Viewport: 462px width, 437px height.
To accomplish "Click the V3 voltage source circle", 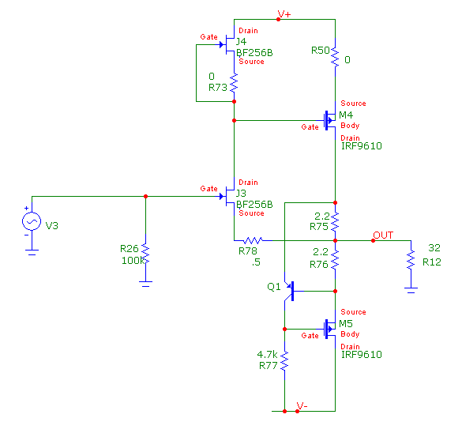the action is [x=32, y=221].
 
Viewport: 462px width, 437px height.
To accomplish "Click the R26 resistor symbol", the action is [x=145, y=254].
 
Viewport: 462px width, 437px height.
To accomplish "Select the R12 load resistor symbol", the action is [x=411, y=260].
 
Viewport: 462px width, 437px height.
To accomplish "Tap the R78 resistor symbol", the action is [x=254, y=240].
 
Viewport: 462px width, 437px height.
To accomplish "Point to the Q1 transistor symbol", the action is [x=290, y=291].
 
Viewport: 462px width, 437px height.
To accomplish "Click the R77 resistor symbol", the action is [x=284, y=361].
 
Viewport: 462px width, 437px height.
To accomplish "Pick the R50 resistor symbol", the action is [x=335, y=57].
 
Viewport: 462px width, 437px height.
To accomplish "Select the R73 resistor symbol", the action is [x=234, y=82].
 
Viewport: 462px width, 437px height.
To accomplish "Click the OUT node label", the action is [x=383, y=235].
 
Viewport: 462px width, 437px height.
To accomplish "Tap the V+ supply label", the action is [x=284, y=14].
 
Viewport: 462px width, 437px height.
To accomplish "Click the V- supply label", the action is [x=302, y=405].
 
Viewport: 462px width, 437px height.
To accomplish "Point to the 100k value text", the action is [x=133, y=260].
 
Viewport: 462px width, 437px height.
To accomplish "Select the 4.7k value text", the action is [x=267, y=354].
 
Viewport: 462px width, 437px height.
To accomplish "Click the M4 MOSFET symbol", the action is [x=329, y=120].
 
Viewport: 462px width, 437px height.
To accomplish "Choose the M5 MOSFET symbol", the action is [x=329, y=329].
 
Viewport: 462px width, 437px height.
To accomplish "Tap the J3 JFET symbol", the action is [x=227, y=196].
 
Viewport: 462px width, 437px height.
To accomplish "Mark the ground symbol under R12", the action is [x=411, y=290].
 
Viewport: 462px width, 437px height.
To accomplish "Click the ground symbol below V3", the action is [x=32, y=252].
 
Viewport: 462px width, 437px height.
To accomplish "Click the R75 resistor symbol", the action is [x=335, y=222].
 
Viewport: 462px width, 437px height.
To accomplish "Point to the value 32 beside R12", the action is [x=434, y=247].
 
